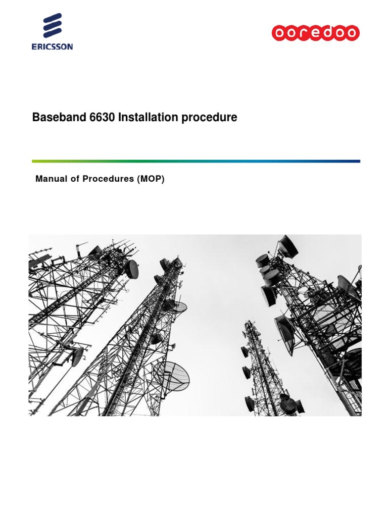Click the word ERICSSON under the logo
click(x=52, y=46)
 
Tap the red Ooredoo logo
click(x=316, y=33)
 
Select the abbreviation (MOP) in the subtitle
click(x=150, y=179)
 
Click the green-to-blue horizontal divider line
click(x=196, y=161)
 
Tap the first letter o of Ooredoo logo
click(x=279, y=33)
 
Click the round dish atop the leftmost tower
click(x=131, y=269)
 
